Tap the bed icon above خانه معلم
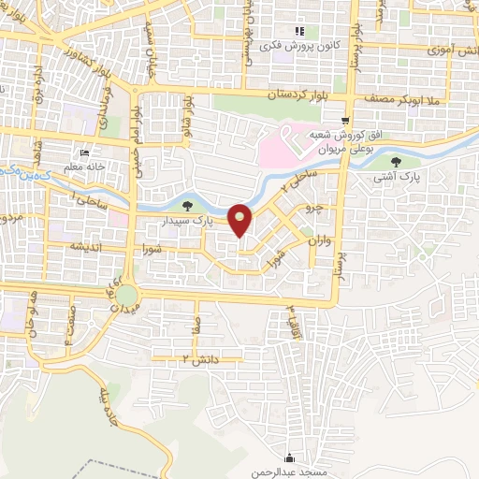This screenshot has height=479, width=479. point(84,154)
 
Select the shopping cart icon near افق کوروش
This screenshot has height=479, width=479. point(345,121)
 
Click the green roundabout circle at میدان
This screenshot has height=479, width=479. point(125,297)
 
